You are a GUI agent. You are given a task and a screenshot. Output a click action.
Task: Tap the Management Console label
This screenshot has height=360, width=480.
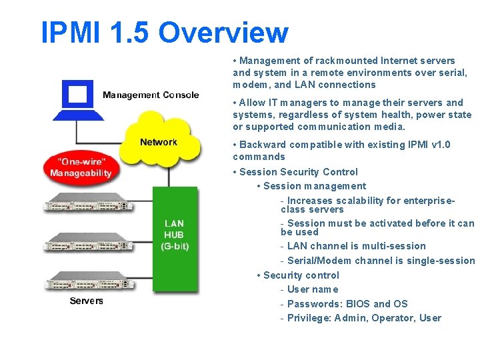[151, 95]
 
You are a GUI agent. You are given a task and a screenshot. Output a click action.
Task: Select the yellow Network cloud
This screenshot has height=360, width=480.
[160, 140]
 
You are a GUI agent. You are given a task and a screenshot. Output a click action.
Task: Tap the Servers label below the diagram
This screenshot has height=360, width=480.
[87, 301]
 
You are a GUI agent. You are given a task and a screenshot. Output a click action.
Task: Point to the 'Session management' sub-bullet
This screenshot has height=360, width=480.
[315, 186]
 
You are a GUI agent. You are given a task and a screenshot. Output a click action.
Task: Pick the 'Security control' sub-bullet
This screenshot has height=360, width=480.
[301, 275]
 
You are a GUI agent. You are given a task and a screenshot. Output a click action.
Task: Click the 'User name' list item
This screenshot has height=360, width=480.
[313, 289]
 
